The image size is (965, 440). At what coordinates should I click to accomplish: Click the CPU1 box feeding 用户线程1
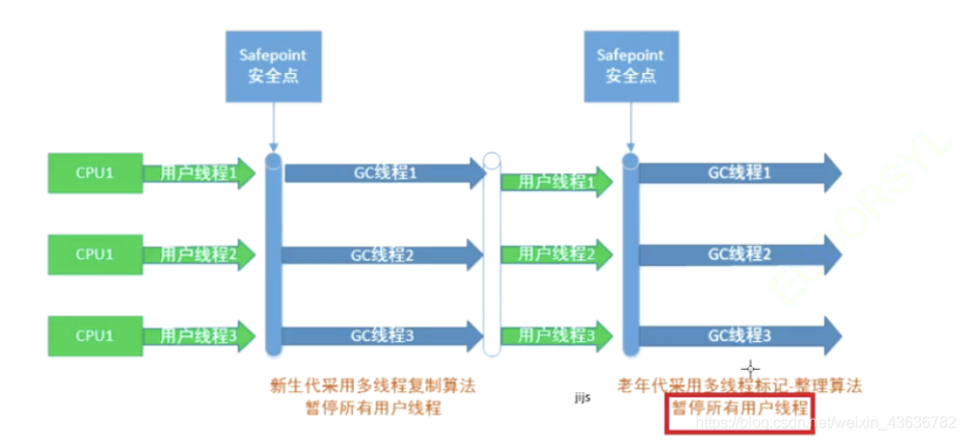tap(95, 174)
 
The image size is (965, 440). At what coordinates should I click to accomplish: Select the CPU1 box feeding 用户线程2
tap(95, 255)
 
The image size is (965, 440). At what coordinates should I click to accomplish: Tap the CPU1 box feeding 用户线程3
tap(95, 335)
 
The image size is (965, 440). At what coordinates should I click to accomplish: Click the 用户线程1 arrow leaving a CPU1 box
tap(200, 174)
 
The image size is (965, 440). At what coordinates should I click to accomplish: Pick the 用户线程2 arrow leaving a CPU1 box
tap(200, 255)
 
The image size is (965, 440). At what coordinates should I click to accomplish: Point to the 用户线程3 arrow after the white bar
tap(556, 335)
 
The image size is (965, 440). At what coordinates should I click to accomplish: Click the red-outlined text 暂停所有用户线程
tap(740, 409)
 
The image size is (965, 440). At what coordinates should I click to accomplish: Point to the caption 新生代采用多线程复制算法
tap(372, 386)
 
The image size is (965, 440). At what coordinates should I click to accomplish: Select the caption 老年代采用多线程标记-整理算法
tap(740, 386)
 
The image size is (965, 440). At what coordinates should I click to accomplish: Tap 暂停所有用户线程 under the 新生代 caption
tap(372, 408)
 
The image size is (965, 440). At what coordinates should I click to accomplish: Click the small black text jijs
tap(581, 395)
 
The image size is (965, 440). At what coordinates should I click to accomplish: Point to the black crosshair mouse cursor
tap(750, 367)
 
